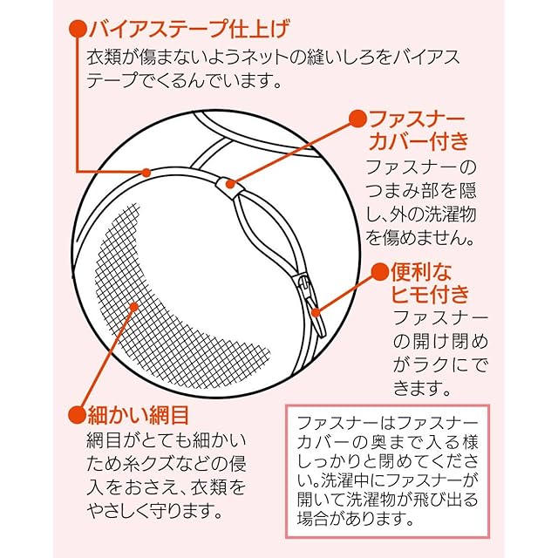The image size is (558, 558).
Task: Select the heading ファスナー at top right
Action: pyautogui.click(x=418, y=118)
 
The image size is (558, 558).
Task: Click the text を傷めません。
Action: pyautogui.click(x=421, y=236)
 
